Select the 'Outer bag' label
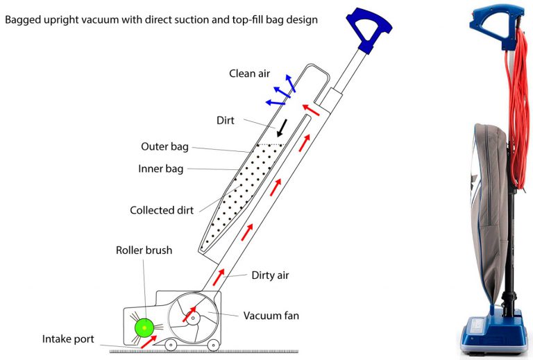pyautogui.click(x=165, y=146)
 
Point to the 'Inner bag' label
pyautogui.click(x=161, y=169)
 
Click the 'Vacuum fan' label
pyautogui.click(x=271, y=316)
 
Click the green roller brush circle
pyautogui.click(x=144, y=327)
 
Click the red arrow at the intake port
pyautogui.click(x=149, y=342)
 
